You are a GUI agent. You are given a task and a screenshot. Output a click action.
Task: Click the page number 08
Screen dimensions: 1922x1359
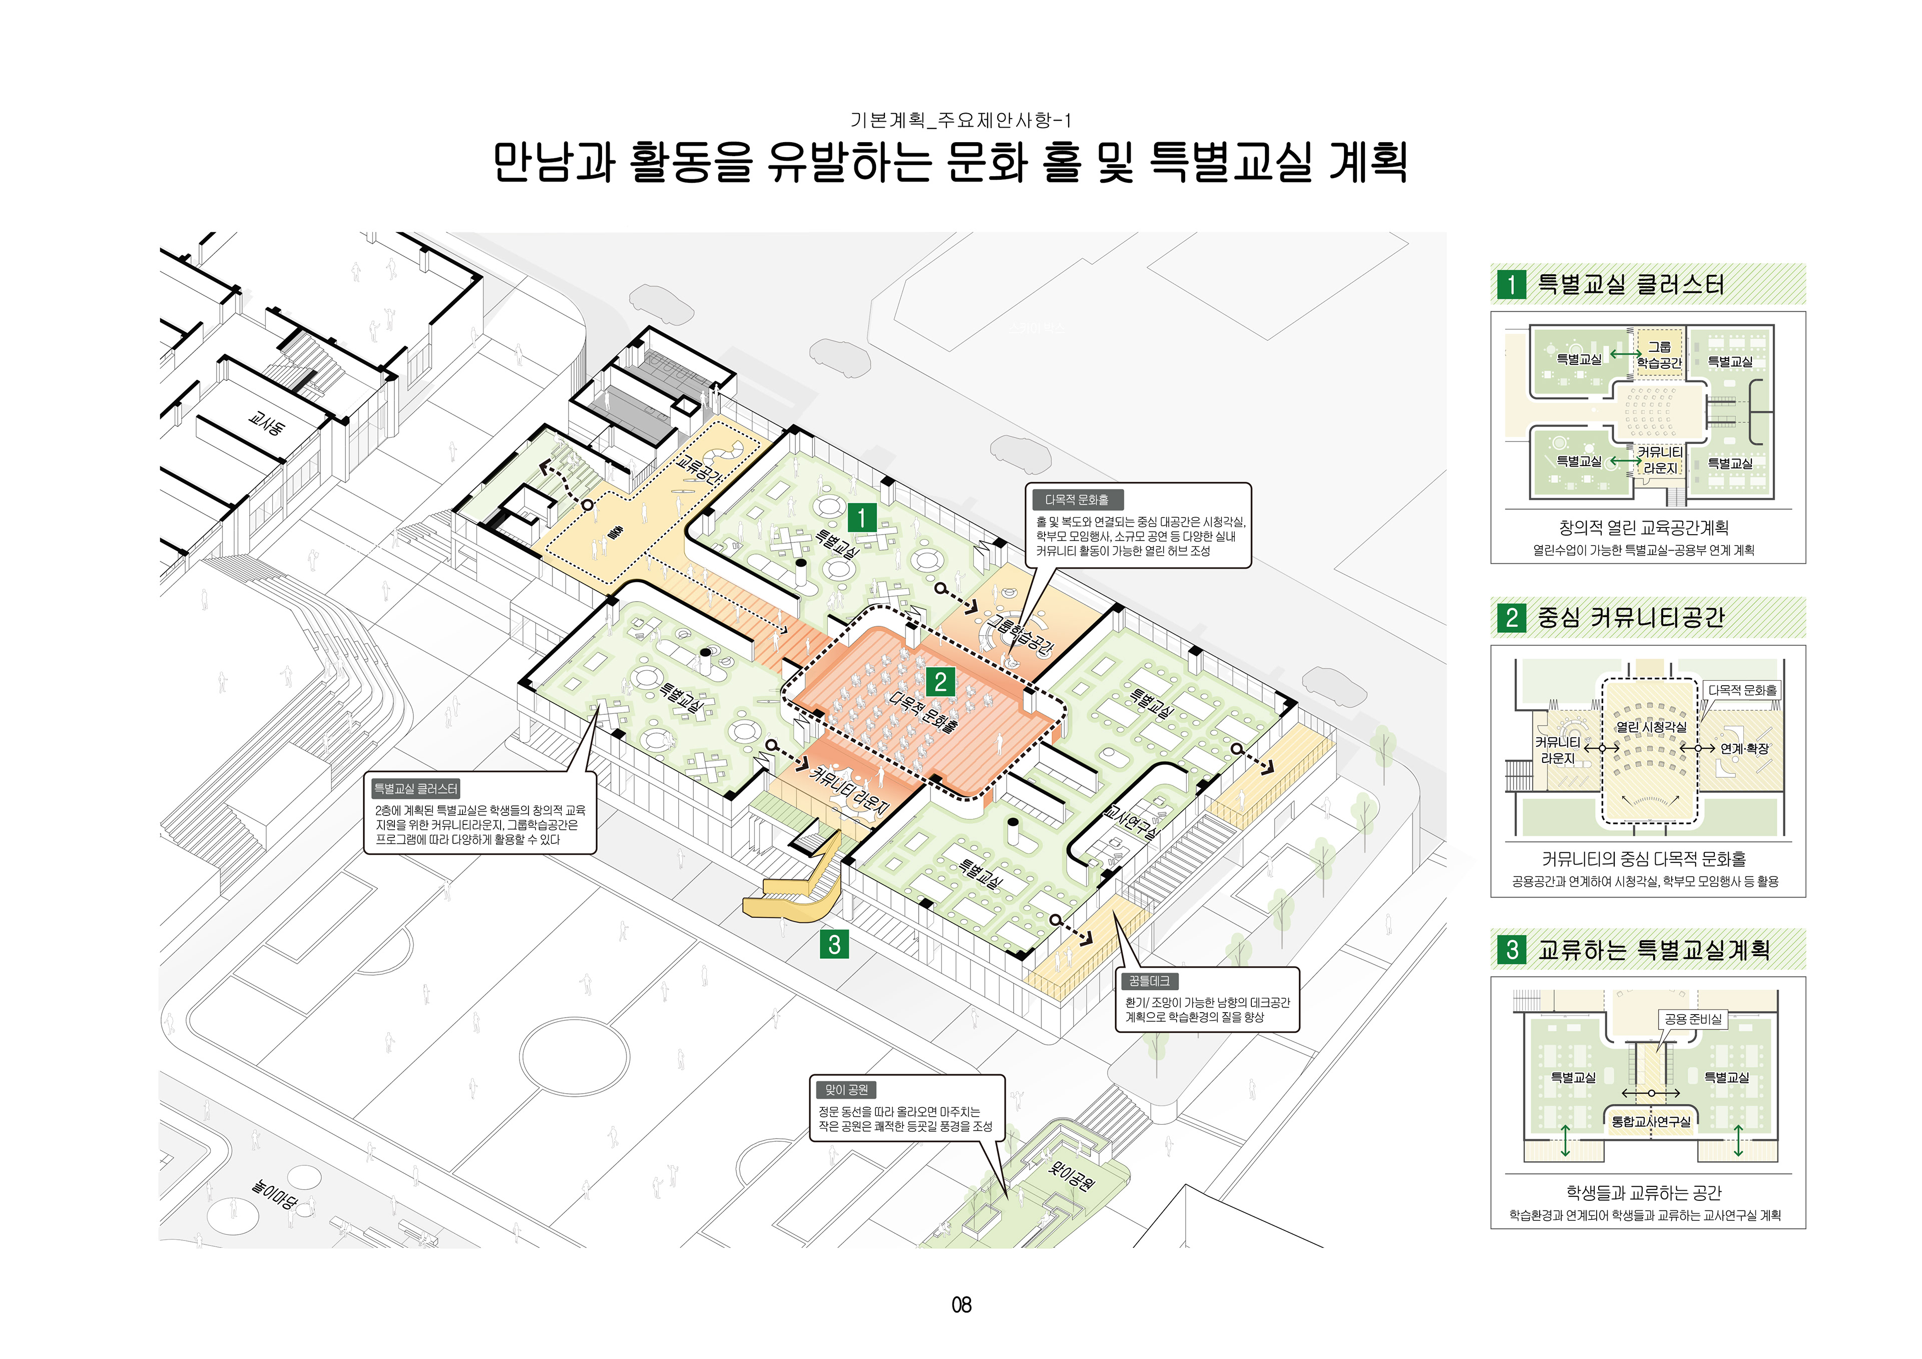pyautogui.click(x=961, y=1304)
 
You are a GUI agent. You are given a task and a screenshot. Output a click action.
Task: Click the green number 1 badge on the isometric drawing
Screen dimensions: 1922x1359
pyautogui.click(x=861, y=518)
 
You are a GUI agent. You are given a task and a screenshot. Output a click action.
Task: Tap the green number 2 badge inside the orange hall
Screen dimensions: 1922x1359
pyautogui.click(x=940, y=682)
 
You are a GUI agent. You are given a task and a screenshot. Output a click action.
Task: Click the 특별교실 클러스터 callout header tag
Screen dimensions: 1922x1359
pyautogui.click(x=416, y=789)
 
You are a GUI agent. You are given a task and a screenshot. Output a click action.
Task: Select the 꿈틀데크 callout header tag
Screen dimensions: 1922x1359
pyautogui.click(x=1149, y=981)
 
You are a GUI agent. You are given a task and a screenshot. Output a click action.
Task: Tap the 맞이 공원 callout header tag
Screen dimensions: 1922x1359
pyautogui.click(x=846, y=1089)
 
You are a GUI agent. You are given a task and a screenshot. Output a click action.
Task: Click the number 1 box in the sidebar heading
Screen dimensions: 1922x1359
pyautogui.click(x=1511, y=285)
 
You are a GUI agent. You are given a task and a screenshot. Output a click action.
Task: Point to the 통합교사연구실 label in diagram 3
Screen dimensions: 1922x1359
pyautogui.click(x=1651, y=1121)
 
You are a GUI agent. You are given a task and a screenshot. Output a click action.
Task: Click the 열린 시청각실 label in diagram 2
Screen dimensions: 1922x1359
pyautogui.click(x=1651, y=727)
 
